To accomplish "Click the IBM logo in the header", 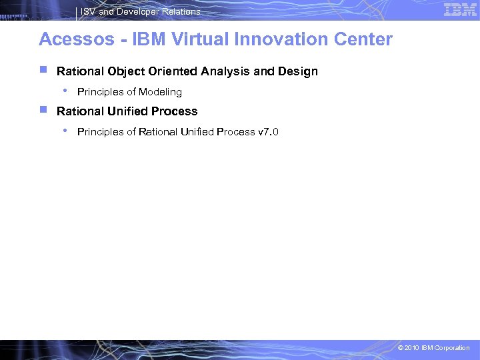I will point(460,9).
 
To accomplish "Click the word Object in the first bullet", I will point(125,71).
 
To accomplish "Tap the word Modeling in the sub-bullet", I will point(160,92).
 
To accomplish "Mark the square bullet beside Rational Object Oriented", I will point(43,69).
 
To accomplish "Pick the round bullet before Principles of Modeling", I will point(63,90).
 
